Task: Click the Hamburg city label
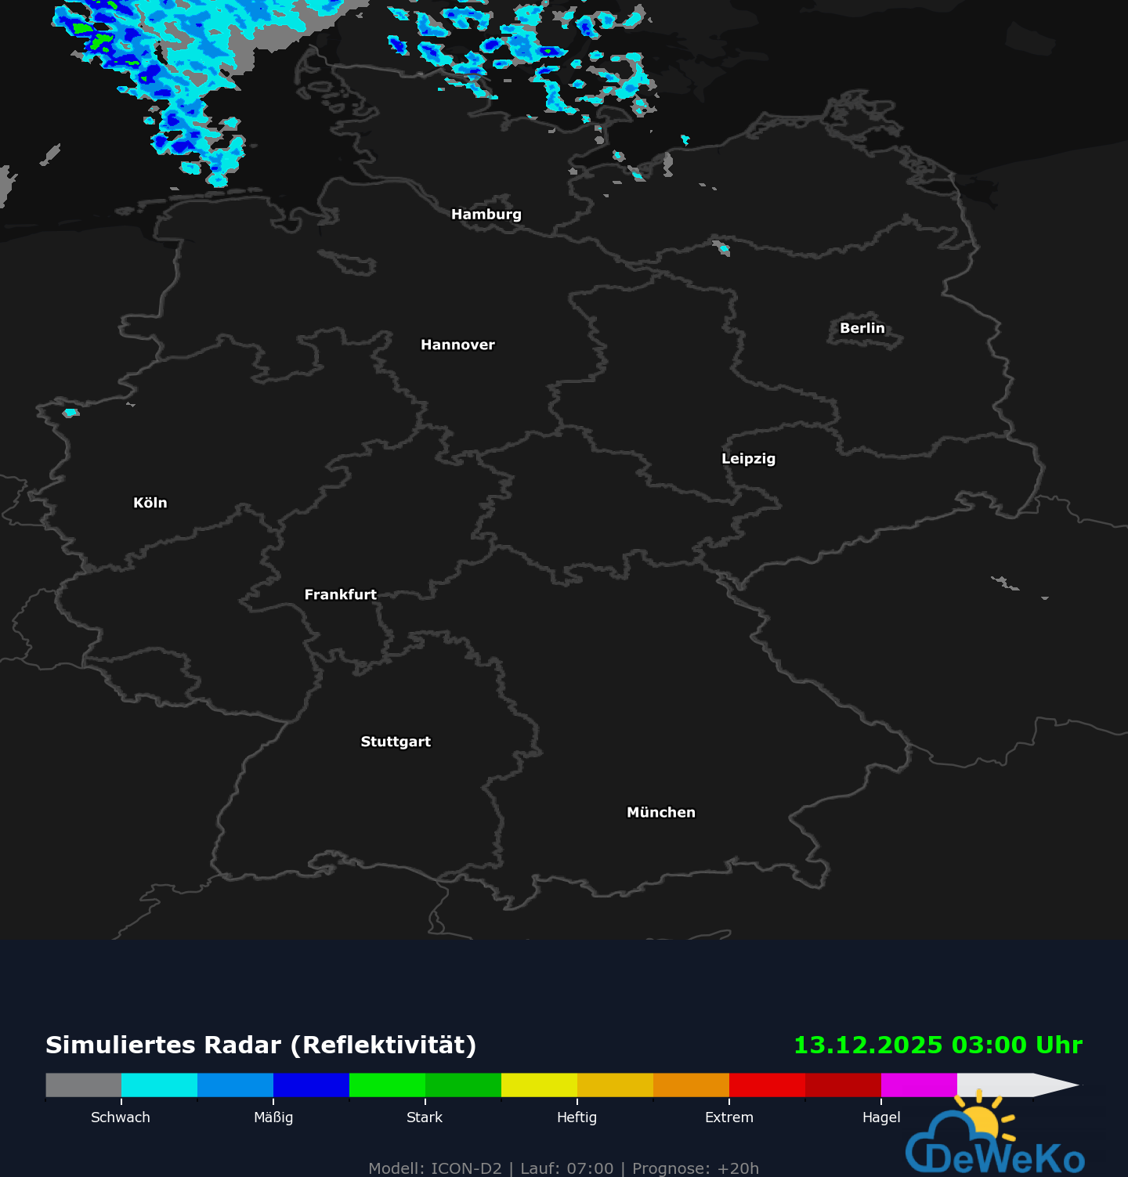pyautogui.click(x=486, y=215)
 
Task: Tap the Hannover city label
pyautogui.click(x=457, y=345)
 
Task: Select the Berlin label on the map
pyautogui.click(x=862, y=328)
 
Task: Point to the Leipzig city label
pyautogui.click(x=748, y=459)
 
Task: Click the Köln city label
pyautogui.click(x=150, y=503)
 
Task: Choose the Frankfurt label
pyautogui.click(x=340, y=594)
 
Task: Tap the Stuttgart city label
pyautogui.click(x=396, y=742)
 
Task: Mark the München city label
pyautogui.click(x=660, y=812)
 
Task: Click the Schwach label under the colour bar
pyautogui.click(x=121, y=1117)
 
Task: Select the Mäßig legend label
pyautogui.click(x=273, y=1117)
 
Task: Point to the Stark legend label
pyautogui.click(x=425, y=1117)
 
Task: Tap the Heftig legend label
pyautogui.click(x=577, y=1117)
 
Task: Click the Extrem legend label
pyautogui.click(x=728, y=1117)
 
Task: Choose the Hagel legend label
pyautogui.click(x=881, y=1117)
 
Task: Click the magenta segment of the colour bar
pyautogui.click(x=919, y=1085)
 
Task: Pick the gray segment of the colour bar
pyautogui.click(x=83, y=1085)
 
